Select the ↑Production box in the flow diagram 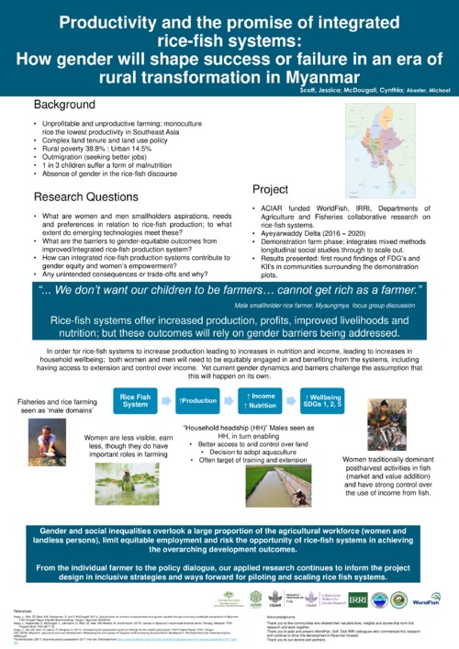(197, 400)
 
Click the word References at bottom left (25, 610)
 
